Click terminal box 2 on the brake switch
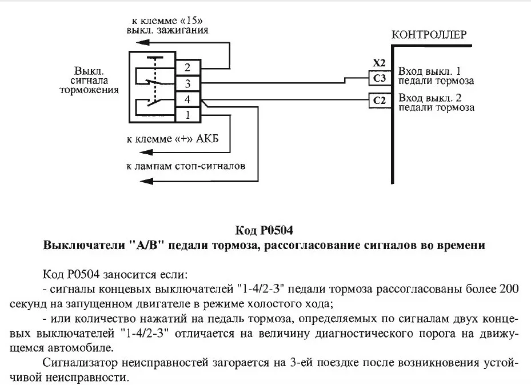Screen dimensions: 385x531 187,68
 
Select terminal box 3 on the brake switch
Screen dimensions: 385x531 187,84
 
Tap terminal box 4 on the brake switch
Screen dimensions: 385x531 187,100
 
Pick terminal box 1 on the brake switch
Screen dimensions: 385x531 187,115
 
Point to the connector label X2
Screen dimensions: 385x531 380,62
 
